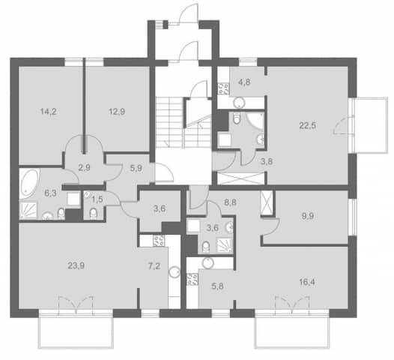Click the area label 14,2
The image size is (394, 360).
click(49, 111)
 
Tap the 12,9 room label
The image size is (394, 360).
click(117, 111)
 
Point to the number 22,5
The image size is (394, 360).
click(308, 125)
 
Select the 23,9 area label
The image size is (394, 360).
click(76, 265)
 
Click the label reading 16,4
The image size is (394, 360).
click(307, 282)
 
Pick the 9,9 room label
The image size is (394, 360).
click(308, 216)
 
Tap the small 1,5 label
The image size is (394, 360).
click(97, 199)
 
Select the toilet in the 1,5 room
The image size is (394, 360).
click(93, 213)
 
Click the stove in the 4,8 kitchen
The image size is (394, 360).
click(223, 88)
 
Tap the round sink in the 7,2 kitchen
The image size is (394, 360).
click(175, 272)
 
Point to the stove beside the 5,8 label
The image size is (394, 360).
click(193, 279)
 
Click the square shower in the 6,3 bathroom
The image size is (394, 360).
click(28, 210)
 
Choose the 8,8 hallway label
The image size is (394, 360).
click(230, 202)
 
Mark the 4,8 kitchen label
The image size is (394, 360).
click(244, 82)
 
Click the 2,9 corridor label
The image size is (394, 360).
click(84, 167)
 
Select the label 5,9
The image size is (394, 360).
click(136, 168)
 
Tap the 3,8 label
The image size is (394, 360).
click(267, 161)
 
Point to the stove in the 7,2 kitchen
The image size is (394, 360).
click(159, 241)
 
